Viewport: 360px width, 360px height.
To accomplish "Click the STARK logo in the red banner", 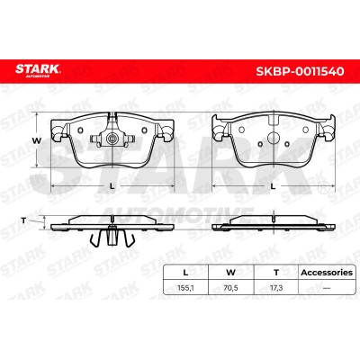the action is (x=38, y=70).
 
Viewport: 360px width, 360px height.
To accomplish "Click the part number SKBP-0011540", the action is (x=300, y=71).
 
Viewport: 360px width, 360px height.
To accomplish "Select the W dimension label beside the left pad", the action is (x=37, y=140).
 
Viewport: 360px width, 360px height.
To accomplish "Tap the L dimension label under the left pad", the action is (x=112, y=186).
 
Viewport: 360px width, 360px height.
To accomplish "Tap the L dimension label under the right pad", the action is (x=273, y=186).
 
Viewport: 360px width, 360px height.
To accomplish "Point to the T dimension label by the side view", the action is (x=23, y=220).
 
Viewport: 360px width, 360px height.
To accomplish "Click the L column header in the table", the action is (x=185, y=273).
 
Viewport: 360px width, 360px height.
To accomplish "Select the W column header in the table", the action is (x=230, y=273).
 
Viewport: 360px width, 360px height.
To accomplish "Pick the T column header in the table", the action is (x=276, y=273).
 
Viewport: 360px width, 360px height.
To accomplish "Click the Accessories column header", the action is (x=327, y=273).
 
